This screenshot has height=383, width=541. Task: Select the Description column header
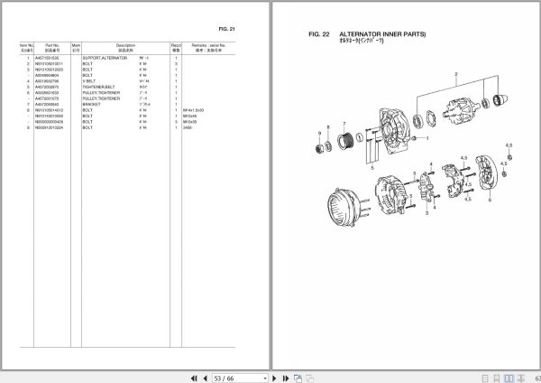[125, 45]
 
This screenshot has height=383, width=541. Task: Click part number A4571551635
[50, 57]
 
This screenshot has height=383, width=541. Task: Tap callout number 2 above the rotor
[456, 73]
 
